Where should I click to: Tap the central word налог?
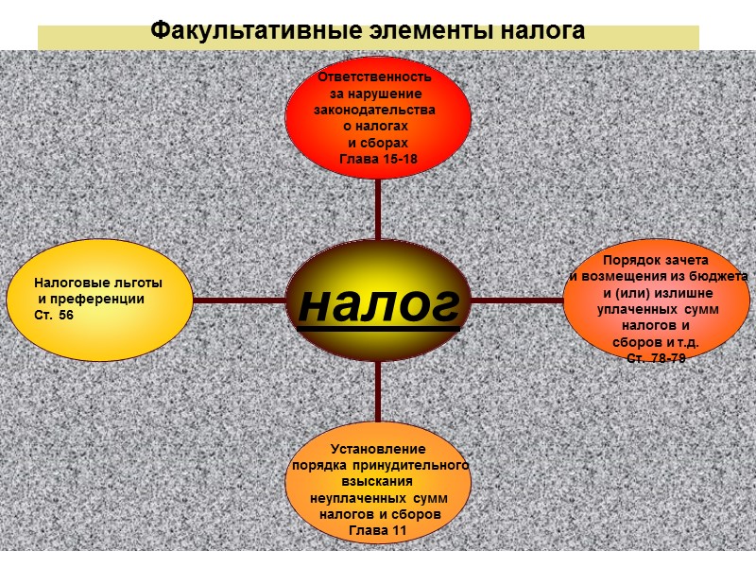coord(379,302)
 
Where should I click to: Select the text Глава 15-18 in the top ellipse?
coord(378,159)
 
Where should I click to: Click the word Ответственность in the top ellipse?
coord(375,77)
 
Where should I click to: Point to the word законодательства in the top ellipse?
coord(374,110)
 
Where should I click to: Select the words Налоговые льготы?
coord(97,283)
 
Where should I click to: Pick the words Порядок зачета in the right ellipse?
coord(656,259)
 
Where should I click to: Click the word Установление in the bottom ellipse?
coord(378,449)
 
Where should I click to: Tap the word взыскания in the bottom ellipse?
coord(378,481)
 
